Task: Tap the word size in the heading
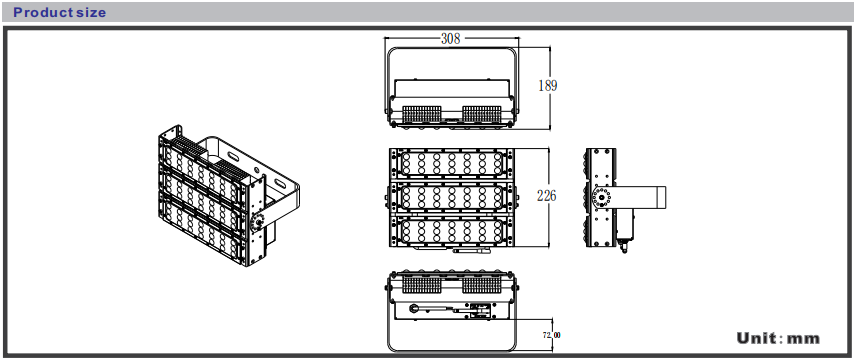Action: (x=91, y=12)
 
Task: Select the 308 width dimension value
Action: (x=450, y=39)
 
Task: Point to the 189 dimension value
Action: (x=548, y=86)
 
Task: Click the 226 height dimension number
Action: (x=546, y=196)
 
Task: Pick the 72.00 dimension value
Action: (x=551, y=335)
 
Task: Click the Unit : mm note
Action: (x=778, y=338)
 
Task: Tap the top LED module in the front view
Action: (x=451, y=163)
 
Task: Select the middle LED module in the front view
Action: (x=451, y=198)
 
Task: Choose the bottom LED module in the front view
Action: (x=451, y=231)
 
